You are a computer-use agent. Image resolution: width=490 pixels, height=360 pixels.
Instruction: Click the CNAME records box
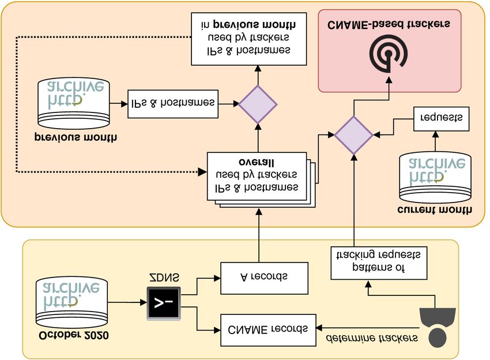click(269, 331)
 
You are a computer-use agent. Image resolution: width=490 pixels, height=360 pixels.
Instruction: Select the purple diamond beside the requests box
click(354, 134)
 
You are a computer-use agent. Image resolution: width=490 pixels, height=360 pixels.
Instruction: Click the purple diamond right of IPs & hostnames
click(258, 104)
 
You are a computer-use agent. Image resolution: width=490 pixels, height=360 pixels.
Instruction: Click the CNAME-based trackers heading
click(389, 24)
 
